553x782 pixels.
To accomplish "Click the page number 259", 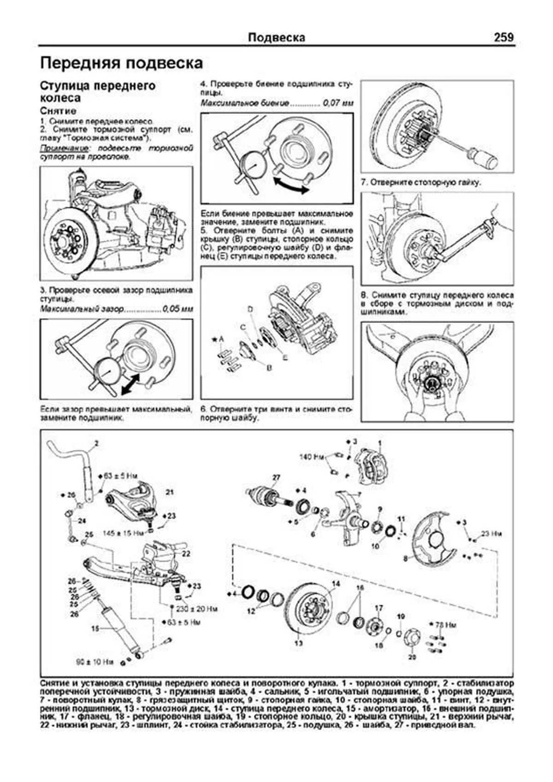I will (503, 37).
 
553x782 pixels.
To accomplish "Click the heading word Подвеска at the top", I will (276, 38).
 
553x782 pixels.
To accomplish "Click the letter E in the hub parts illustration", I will (285, 357).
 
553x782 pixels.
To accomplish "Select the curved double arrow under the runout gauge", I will (290, 185).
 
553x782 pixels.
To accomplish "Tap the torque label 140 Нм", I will (312, 457).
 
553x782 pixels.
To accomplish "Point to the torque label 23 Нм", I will (491, 534).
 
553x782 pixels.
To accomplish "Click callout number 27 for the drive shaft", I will (276, 477).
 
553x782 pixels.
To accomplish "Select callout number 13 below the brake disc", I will (298, 643).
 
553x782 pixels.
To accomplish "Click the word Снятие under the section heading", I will (58, 111).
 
